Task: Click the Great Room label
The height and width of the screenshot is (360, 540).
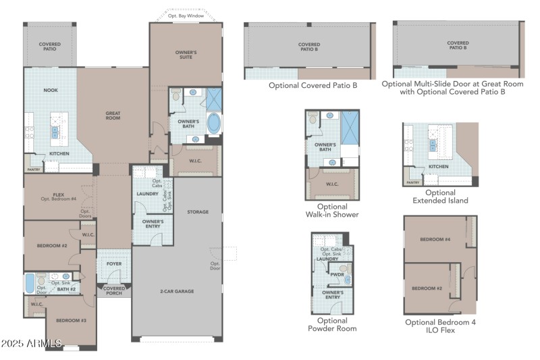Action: pos(112,115)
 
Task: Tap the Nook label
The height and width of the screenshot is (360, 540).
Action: pos(51,90)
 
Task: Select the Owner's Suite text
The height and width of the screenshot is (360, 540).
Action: pos(186,55)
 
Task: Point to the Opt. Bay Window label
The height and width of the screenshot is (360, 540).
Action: pos(186,15)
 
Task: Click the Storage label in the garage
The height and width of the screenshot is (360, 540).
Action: pos(198,212)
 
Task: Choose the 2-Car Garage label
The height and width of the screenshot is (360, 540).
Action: pos(176,291)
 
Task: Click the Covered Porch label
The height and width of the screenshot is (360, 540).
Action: pos(113,290)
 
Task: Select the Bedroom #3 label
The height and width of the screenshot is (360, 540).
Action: pos(70,320)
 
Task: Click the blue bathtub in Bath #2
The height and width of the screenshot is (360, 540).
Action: pos(30,283)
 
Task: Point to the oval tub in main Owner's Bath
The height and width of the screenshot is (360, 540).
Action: pos(213,124)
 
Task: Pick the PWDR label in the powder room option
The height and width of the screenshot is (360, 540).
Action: pos(336,274)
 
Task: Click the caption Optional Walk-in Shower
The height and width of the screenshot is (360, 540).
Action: pos(331,211)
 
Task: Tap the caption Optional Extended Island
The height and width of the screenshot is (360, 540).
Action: pos(439,197)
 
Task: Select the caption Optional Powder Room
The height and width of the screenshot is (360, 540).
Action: pos(331,325)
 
